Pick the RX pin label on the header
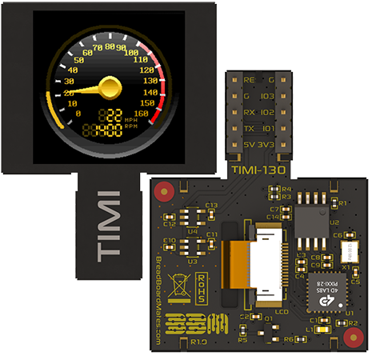[249, 112]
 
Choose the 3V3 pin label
[270, 146]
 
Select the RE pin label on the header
[248, 80]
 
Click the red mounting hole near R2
[349, 337]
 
